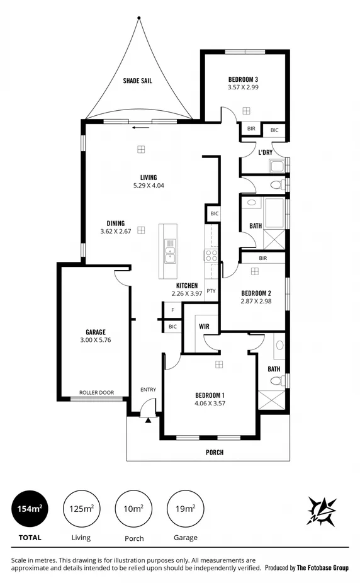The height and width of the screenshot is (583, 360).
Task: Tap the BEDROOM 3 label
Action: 243,79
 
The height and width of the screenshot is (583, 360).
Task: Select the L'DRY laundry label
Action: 265,152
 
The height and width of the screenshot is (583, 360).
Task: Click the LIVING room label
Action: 149,178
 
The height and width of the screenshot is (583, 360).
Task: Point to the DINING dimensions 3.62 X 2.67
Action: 115,231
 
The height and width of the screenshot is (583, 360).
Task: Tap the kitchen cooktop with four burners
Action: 211,255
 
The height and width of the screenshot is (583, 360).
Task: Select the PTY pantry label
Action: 211,291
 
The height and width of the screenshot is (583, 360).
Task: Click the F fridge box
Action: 172,310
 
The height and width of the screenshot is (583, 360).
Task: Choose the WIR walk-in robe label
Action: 204,326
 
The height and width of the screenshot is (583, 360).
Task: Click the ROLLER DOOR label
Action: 96,392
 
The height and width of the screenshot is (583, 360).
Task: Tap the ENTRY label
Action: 148,390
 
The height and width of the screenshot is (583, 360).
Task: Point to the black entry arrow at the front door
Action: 148,420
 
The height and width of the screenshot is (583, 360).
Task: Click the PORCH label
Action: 215,452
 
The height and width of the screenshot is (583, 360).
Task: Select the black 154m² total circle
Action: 30,508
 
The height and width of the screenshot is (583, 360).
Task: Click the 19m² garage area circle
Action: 185,508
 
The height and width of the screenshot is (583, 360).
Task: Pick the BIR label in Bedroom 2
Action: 262,258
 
